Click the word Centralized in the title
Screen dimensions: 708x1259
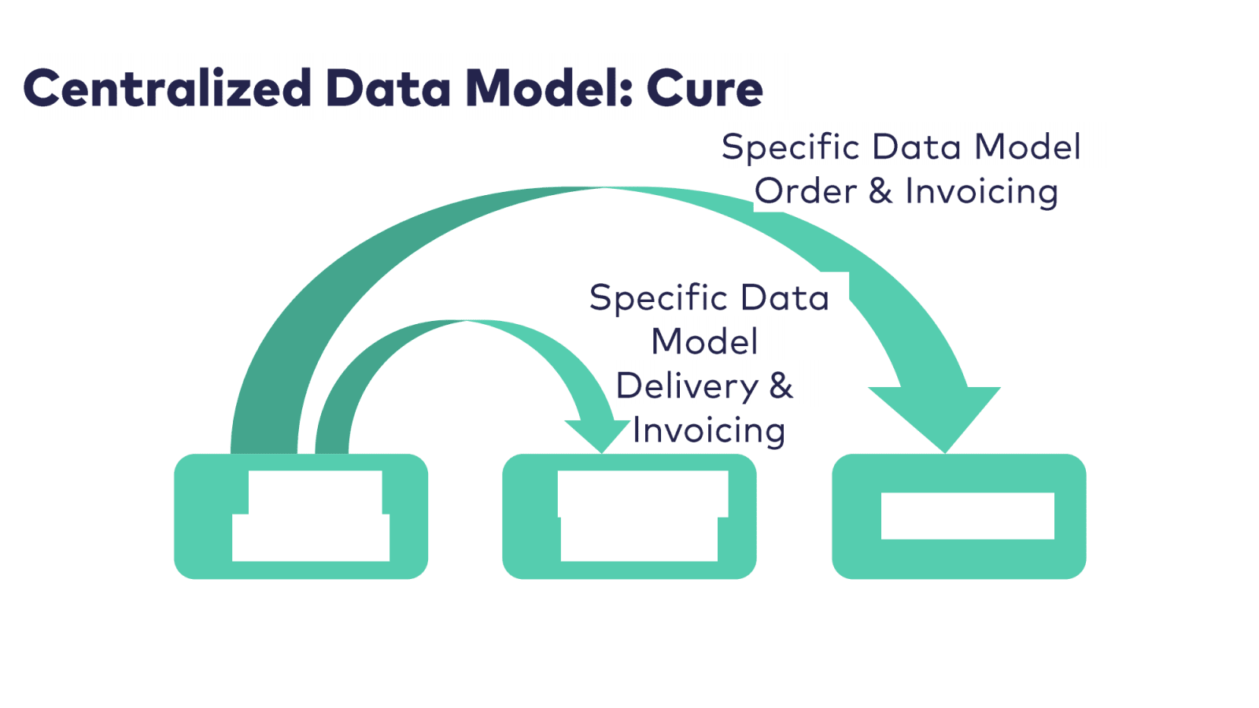[x=168, y=87]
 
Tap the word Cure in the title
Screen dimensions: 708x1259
[x=704, y=88]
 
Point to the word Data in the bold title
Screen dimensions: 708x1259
[x=388, y=87]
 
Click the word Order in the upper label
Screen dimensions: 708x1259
[x=806, y=191]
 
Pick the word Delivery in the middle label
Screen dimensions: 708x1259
[x=687, y=386]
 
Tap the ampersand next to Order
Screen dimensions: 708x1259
[x=881, y=191]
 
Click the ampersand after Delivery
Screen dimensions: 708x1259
[x=781, y=385]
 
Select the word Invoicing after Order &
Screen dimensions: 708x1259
[x=981, y=192]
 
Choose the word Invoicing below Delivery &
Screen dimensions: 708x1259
[x=709, y=431]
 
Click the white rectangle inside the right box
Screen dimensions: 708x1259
[x=967, y=516]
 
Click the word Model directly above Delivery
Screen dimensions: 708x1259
[x=704, y=342]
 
